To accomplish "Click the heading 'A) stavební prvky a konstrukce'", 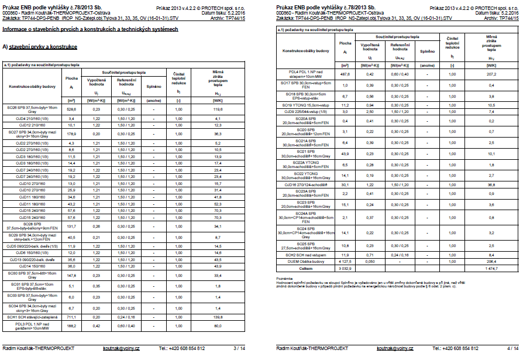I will pos(40,46).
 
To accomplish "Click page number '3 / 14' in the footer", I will pos(239,348).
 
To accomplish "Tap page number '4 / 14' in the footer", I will pos(512,348).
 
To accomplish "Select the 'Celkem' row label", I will pos(305,269).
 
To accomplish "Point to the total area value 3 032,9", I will pos(345,269).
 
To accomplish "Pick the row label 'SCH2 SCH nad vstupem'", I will pos(305,255).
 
